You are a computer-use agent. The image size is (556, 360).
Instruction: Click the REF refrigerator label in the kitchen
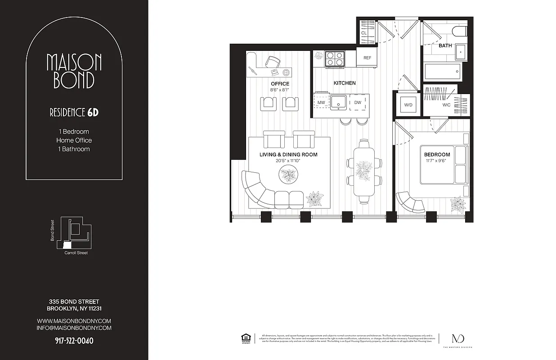pos(367,58)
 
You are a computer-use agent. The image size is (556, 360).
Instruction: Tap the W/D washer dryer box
pos(408,105)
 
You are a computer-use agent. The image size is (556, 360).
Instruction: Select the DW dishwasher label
pos(358,103)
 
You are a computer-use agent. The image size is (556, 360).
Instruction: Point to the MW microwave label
pos(321,103)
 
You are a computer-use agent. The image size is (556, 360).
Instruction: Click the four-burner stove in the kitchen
pos(335,59)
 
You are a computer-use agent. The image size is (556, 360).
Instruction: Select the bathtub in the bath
pos(443,71)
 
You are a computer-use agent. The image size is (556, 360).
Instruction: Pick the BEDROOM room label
pos(437,155)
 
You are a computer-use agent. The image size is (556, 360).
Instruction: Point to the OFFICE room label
pos(280,84)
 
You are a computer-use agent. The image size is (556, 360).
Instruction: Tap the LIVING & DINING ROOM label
pos(288,155)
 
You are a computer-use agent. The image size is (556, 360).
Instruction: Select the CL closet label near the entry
pos(364,33)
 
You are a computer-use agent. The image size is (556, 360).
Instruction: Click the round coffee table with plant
pos(288,174)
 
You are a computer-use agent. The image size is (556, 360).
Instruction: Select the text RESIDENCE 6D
pos(74,112)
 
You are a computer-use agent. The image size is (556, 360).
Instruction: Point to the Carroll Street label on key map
pos(76,253)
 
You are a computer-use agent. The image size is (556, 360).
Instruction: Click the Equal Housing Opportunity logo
pos(246,337)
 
